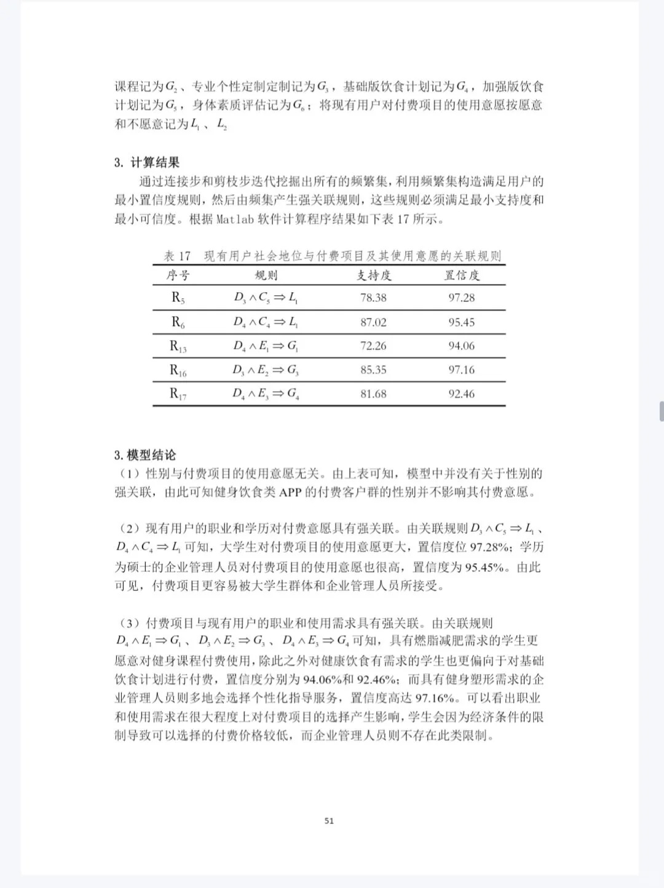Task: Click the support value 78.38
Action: (373, 298)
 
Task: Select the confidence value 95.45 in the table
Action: (461, 322)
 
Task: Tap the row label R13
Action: (178, 346)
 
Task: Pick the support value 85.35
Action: (373, 370)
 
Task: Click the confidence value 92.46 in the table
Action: (461, 394)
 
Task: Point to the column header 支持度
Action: (373, 275)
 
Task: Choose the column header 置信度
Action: (461, 275)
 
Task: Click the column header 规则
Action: (266, 275)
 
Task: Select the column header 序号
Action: (178, 275)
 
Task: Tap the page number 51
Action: (329, 820)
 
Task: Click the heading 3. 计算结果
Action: (147, 162)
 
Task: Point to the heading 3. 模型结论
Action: (145, 455)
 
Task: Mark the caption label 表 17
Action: (177, 256)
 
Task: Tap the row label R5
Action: (178, 298)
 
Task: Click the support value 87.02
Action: (373, 322)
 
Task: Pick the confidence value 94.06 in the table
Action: (461, 346)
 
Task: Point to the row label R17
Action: (178, 394)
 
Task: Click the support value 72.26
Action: (373, 346)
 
